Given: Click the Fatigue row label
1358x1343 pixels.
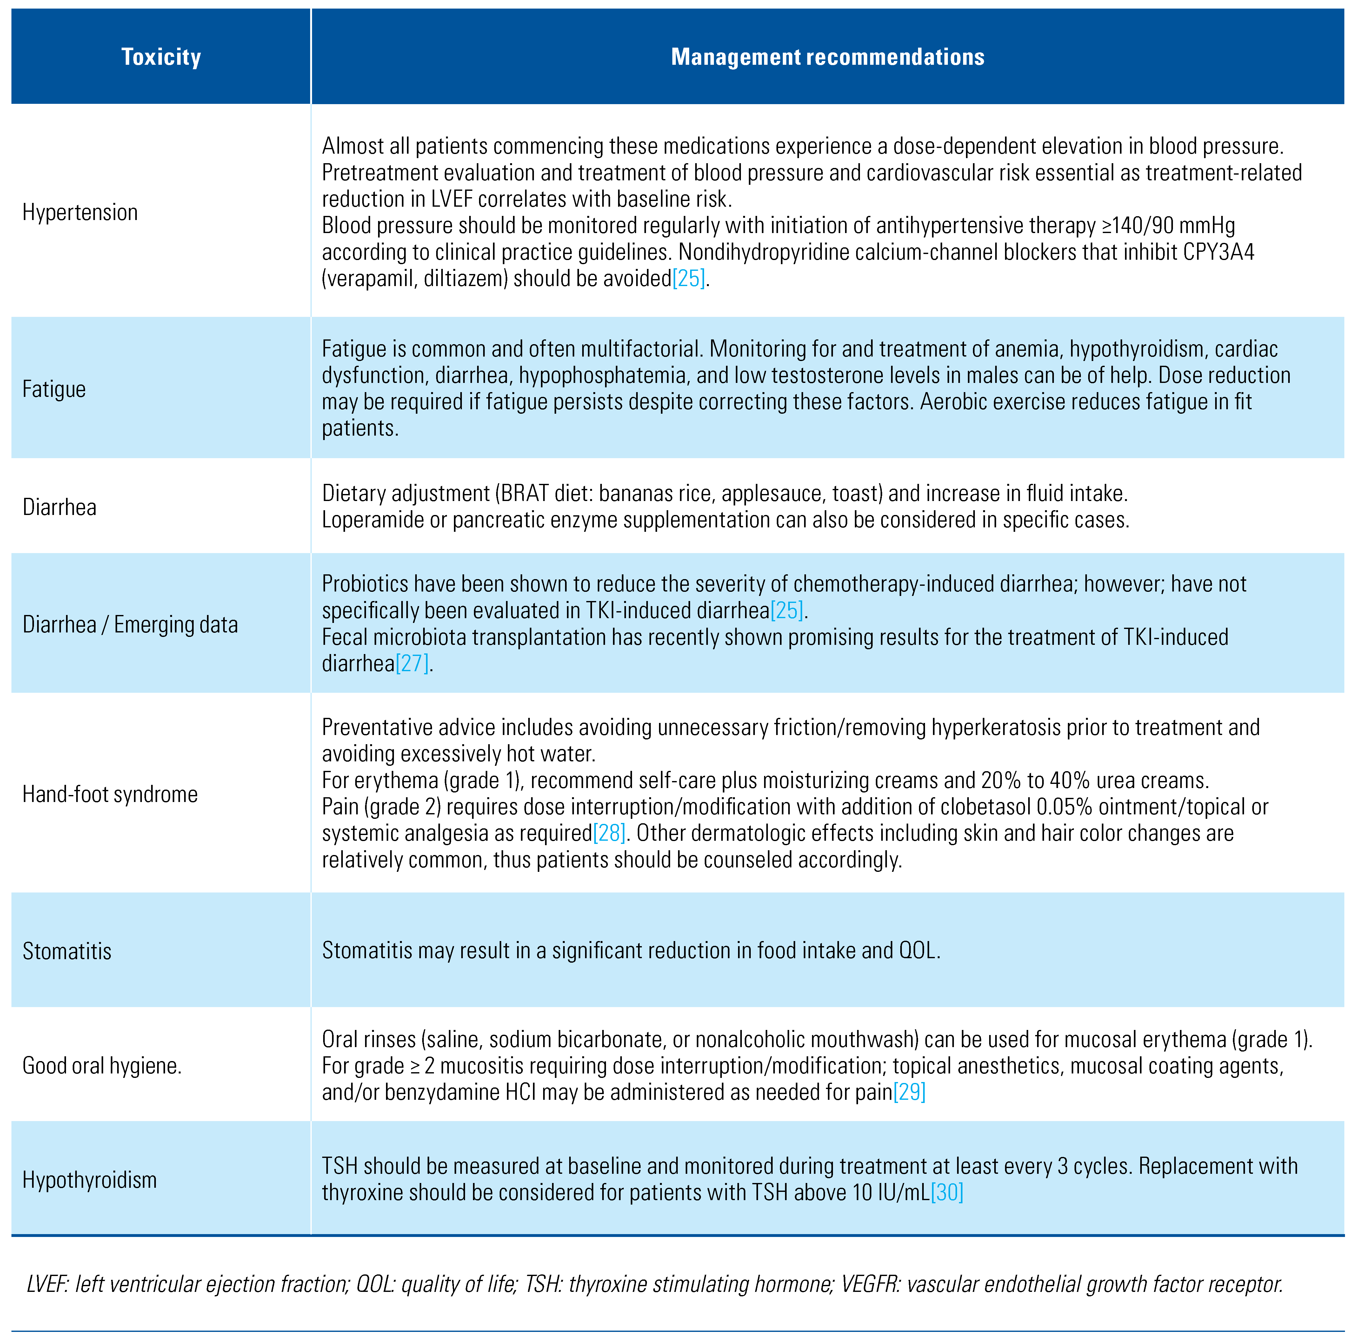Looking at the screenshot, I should click(x=54, y=389).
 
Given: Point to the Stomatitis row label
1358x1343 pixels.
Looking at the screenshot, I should click(x=67, y=951).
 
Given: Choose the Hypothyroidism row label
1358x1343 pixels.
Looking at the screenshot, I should click(x=89, y=1180).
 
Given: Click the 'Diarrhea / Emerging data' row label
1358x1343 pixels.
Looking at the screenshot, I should click(x=130, y=625).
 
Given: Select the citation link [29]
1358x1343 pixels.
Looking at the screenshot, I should click(x=909, y=1092).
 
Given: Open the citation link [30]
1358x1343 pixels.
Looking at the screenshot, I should click(x=947, y=1193).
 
